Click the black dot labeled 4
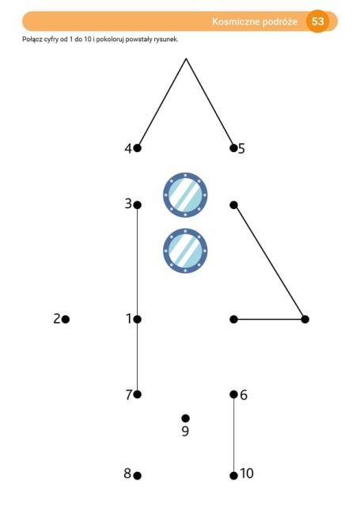(x=137, y=148)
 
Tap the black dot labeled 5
(x=233, y=148)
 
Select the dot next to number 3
(x=137, y=205)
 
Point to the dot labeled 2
(x=66, y=320)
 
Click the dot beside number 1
(x=137, y=320)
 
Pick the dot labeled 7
(x=137, y=394)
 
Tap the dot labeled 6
(x=233, y=394)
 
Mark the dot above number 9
(x=185, y=418)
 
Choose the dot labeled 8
(x=137, y=476)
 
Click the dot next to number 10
(x=233, y=476)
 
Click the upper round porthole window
(x=185, y=195)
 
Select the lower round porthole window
(x=185, y=251)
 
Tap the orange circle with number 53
(x=317, y=21)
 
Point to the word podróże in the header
(x=279, y=21)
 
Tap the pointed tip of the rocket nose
(x=186, y=59)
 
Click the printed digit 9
(x=185, y=431)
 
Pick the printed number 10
(x=247, y=473)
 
